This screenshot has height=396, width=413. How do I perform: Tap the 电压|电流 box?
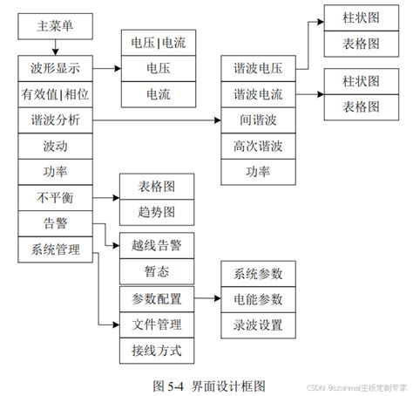click(158, 40)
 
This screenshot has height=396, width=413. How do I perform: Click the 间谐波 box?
click(258, 119)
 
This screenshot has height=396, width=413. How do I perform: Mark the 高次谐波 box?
click(258, 144)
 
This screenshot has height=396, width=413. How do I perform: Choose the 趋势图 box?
click(157, 211)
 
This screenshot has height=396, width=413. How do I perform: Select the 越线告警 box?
click(157, 246)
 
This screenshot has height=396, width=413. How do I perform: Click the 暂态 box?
click(157, 272)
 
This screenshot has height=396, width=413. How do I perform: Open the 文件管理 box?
click(157, 325)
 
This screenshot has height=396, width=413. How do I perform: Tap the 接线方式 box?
click(157, 352)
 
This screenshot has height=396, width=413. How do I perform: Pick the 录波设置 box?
click(259, 325)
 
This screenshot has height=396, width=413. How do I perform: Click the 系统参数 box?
click(259, 273)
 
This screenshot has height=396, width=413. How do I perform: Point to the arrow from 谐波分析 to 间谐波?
click(157, 119)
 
